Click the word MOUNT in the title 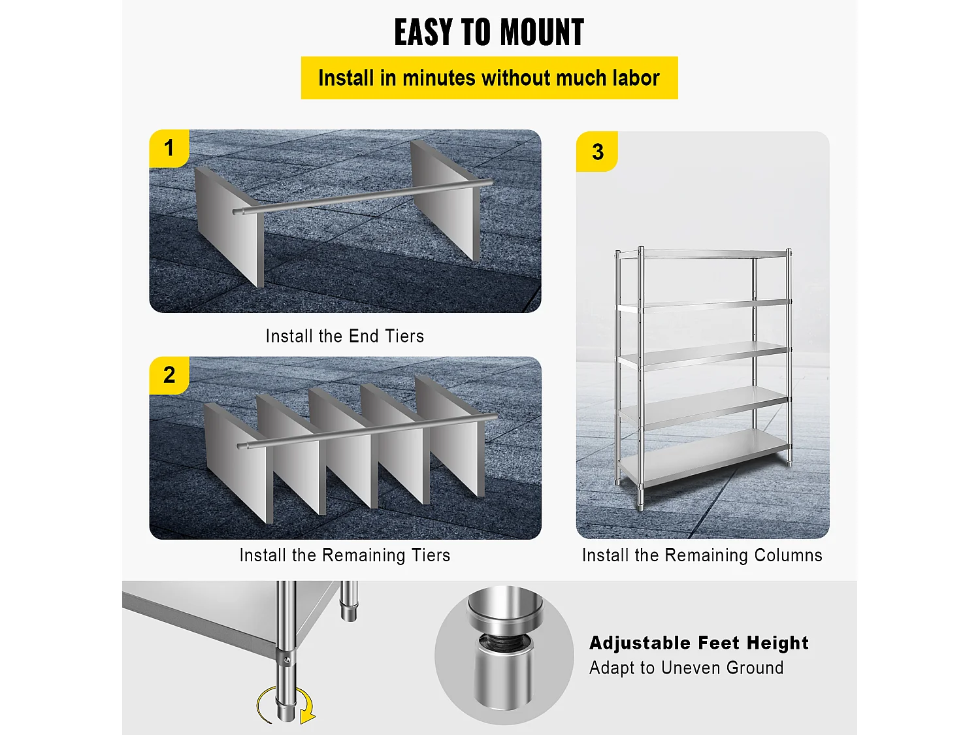542,32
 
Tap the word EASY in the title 423,32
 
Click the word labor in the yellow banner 636,78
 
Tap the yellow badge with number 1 169,148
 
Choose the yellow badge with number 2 169,375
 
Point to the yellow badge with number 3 597,152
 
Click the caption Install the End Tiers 345,336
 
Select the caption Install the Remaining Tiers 345,555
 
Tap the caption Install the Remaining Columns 702,555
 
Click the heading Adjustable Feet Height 698,643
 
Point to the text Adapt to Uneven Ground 686,668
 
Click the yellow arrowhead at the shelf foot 308,715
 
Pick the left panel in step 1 229,227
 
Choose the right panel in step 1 445,200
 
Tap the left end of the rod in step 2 239,446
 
